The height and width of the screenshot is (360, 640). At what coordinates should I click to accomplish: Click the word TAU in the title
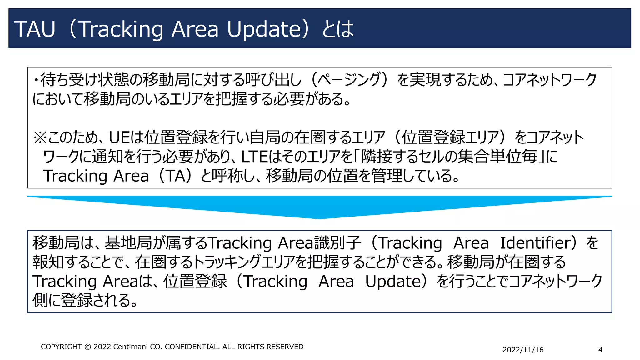35,29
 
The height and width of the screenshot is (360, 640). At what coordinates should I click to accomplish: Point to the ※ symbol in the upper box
40,137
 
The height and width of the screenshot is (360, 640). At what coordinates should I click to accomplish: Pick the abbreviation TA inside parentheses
176,176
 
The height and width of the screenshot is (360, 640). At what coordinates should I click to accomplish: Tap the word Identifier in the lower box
536,243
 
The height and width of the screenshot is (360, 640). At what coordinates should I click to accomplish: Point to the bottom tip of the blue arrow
319,218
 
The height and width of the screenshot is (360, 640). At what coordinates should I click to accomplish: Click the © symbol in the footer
88,347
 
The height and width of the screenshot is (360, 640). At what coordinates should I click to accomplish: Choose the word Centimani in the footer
130,347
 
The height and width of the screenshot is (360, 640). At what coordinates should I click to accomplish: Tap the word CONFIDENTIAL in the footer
192,347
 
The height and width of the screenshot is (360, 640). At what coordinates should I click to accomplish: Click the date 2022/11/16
523,350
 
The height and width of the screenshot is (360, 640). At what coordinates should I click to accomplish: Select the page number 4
600,350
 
